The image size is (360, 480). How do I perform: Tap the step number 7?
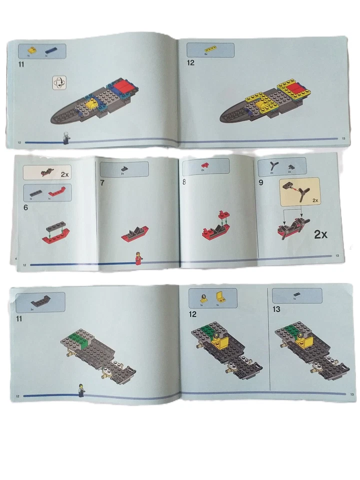pos(102,182)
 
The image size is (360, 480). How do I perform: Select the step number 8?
pos(184,182)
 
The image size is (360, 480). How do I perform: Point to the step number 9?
pos(261,182)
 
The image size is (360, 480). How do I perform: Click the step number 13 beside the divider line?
pos(276,309)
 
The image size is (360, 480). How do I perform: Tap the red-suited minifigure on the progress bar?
pos(139,258)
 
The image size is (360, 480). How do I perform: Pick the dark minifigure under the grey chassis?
pos(80,390)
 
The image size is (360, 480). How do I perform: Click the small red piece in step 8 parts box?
pos(204,164)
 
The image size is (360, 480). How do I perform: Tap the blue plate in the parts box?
pos(51,50)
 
